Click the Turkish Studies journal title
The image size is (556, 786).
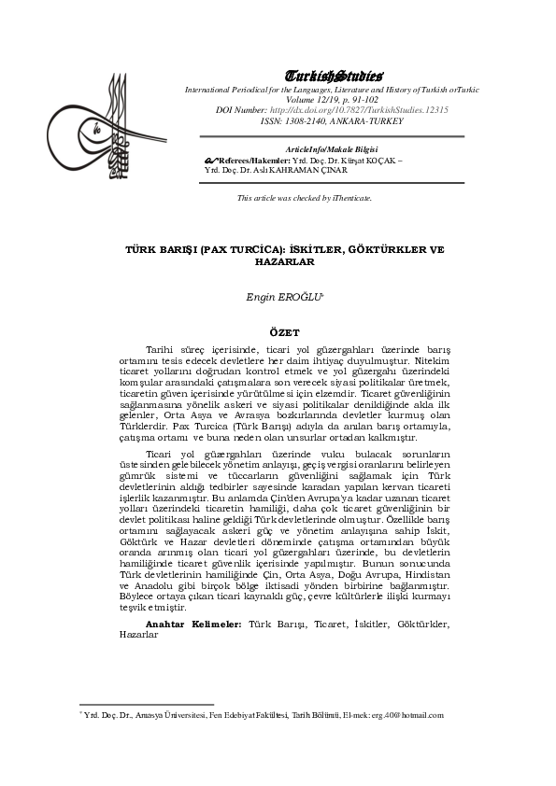332,76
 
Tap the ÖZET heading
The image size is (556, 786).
284,332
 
